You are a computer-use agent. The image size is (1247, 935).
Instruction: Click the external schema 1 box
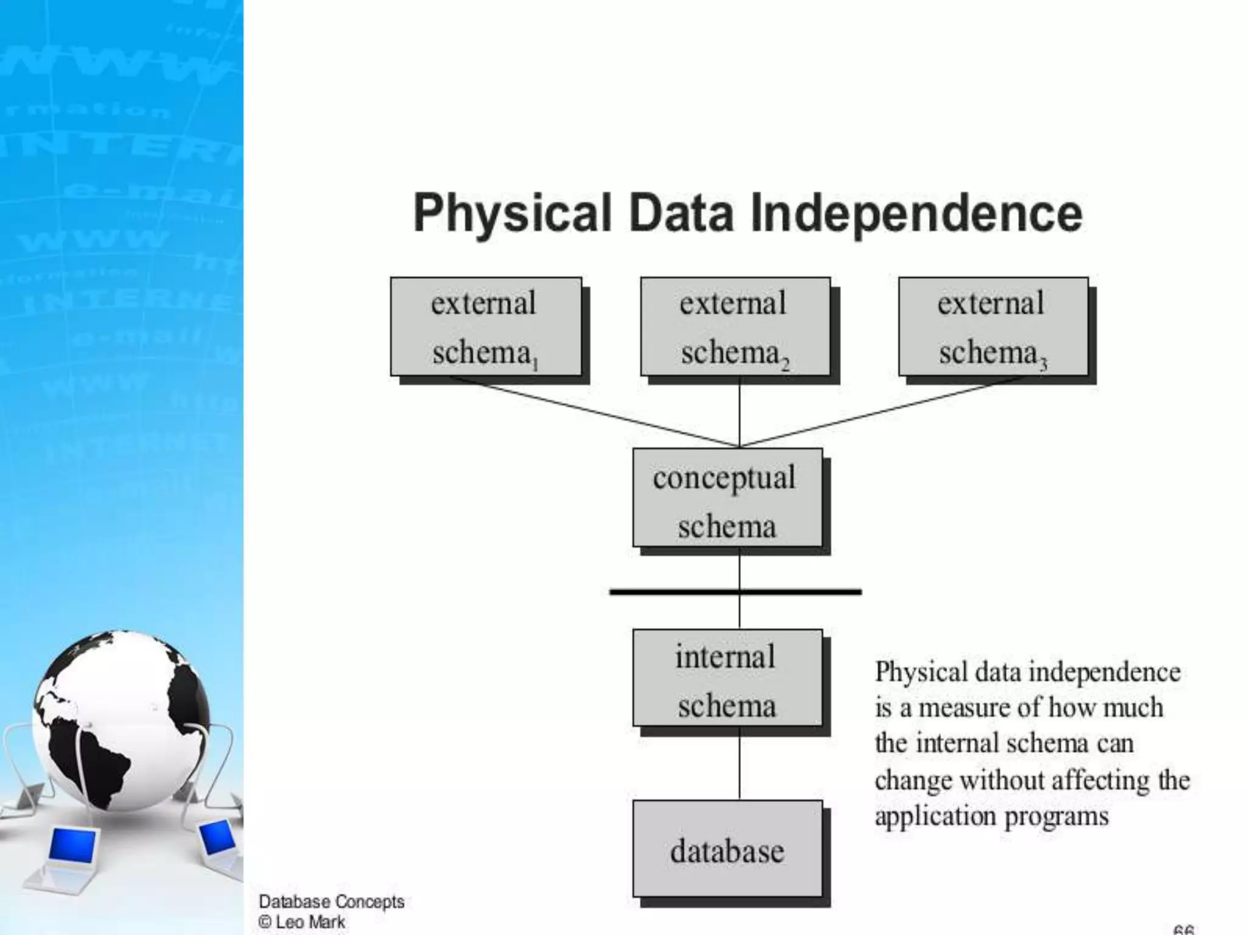click(x=485, y=327)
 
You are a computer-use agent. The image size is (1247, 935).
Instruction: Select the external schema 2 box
click(x=735, y=327)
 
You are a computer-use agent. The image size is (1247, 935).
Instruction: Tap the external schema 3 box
click(x=993, y=327)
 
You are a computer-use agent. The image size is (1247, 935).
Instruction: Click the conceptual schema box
click(x=727, y=498)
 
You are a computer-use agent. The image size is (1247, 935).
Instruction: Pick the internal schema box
click(x=727, y=678)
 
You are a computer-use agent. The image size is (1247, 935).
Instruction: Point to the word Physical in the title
click(x=511, y=213)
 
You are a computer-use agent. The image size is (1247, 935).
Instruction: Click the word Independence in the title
click(x=916, y=213)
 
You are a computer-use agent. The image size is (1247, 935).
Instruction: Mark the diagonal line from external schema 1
click(x=594, y=412)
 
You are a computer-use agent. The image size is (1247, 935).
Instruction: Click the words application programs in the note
click(x=991, y=816)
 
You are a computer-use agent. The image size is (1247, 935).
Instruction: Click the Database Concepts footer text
click(x=331, y=902)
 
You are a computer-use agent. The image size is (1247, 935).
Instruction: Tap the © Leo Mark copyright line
click(x=302, y=922)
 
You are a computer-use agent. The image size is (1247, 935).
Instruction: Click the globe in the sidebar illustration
click(x=122, y=718)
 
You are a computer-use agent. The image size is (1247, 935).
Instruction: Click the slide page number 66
click(x=1183, y=930)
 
